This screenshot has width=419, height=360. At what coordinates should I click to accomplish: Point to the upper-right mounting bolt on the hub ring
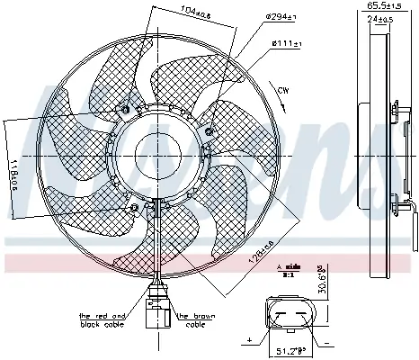[x=209, y=131]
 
